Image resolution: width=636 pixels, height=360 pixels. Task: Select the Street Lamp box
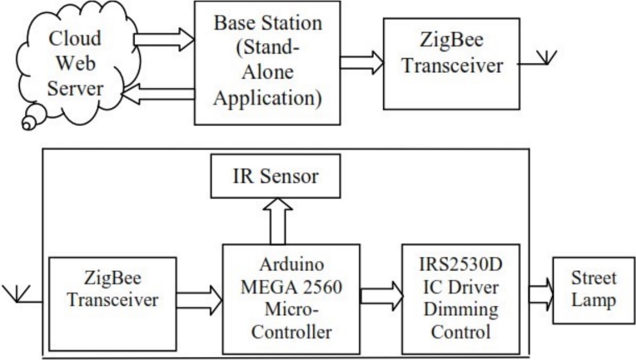(x=593, y=290)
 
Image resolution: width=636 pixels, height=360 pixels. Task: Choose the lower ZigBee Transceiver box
(x=112, y=303)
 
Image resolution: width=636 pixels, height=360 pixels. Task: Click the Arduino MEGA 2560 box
(x=291, y=299)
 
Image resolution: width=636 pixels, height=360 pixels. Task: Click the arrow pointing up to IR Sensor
(x=278, y=221)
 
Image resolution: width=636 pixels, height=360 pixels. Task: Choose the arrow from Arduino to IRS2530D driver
(x=381, y=294)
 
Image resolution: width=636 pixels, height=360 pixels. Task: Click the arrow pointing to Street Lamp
(x=540, y=291)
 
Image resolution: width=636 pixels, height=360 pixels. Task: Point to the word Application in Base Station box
(x=267, y=97)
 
